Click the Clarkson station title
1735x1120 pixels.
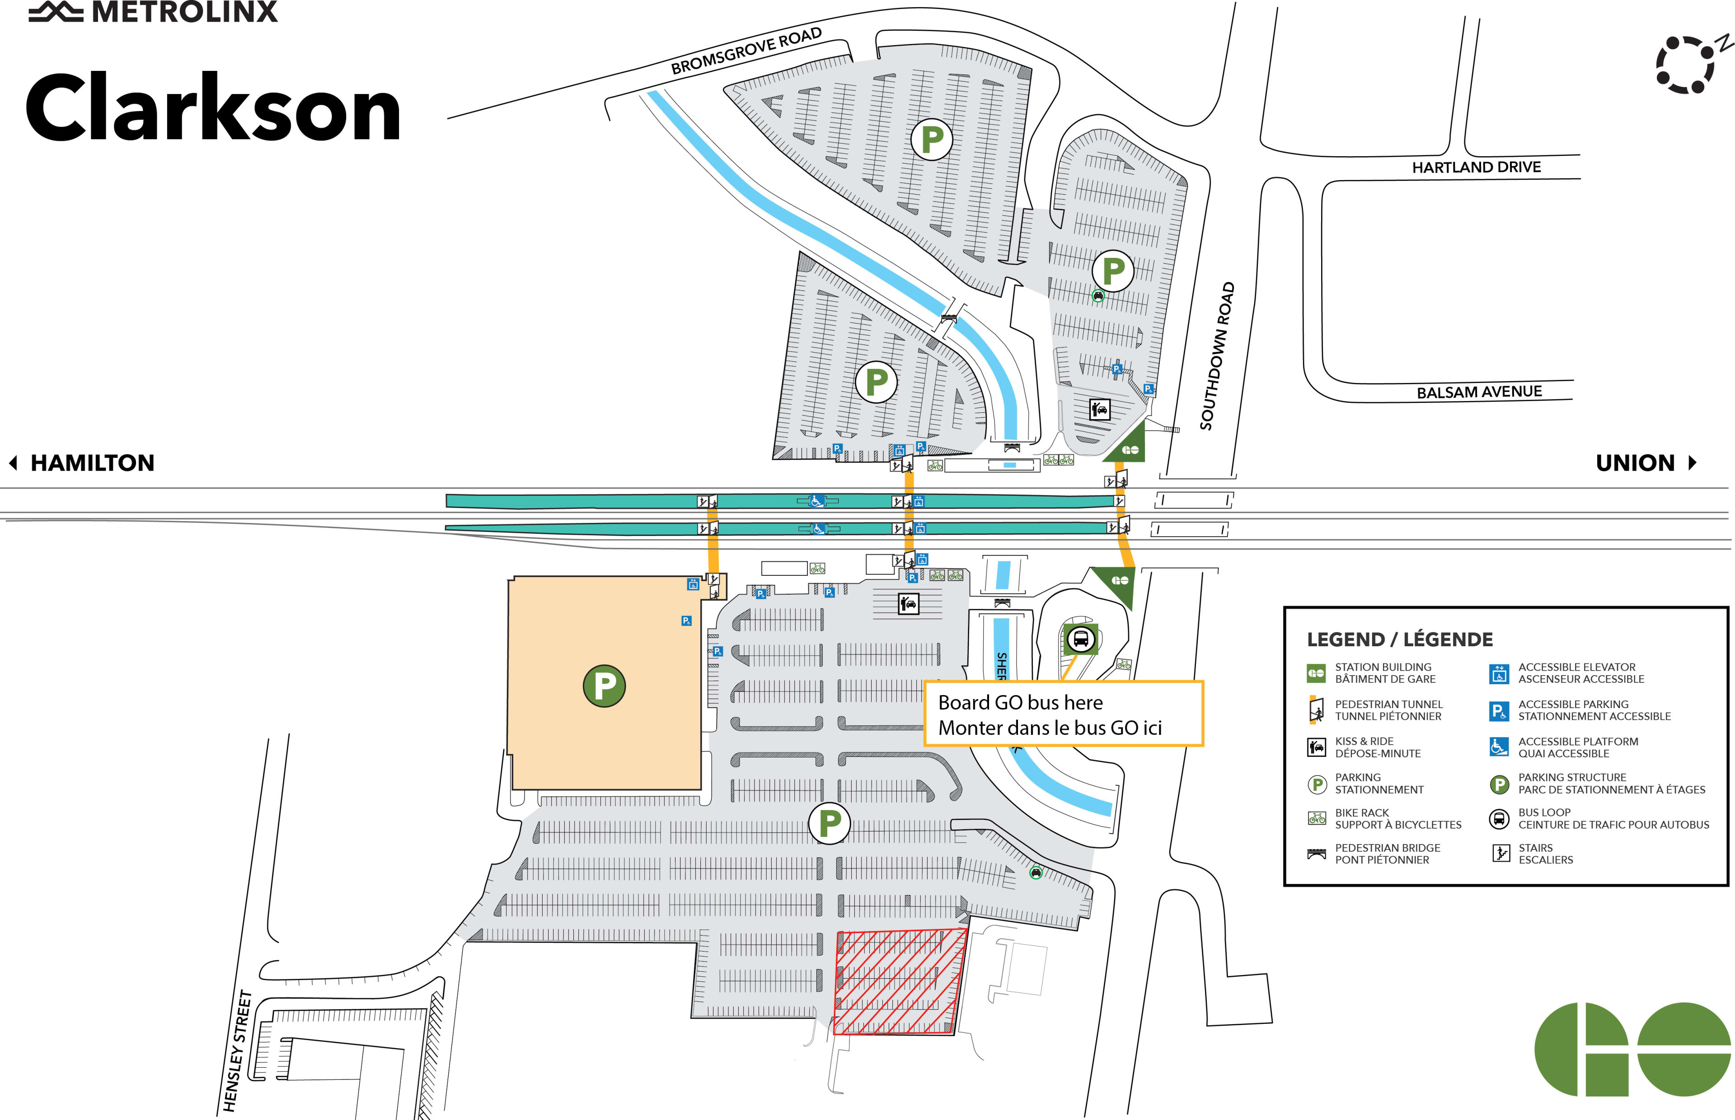[x=213, y=109]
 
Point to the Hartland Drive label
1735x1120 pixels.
[x=1476, y=167]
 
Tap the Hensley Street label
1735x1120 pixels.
[x=237, y=1051]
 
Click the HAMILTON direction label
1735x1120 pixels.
[x=92, y=463]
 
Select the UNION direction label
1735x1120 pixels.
[x=1635, y=463]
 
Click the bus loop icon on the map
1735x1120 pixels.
[x=1080, y=639]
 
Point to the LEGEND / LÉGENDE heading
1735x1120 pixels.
[x=1400, y=640]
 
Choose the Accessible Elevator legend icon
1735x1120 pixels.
[x=1499, y=673]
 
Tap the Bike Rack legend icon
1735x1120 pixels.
[x=1317, y=818]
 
